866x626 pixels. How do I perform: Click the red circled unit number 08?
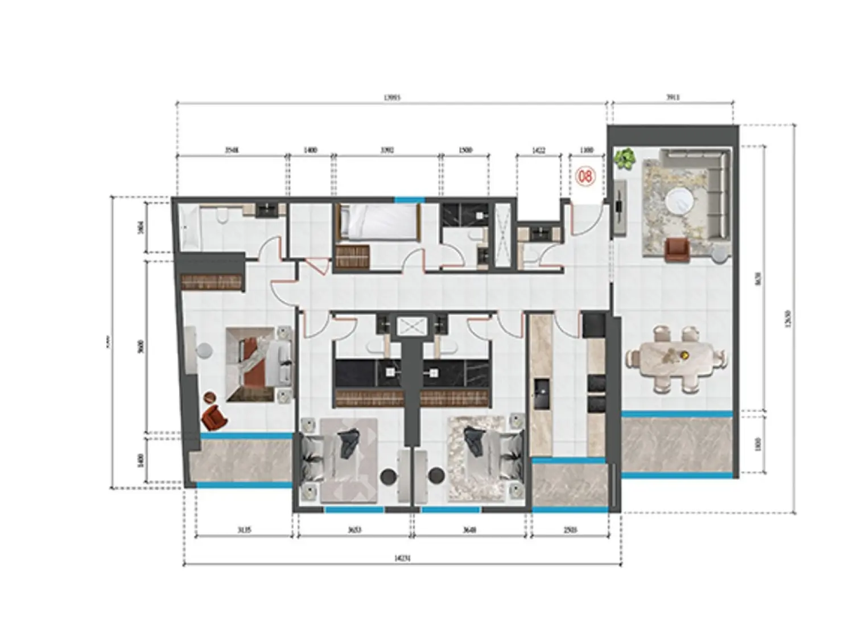click(585, 176)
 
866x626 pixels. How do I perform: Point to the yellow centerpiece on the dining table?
click(685, 355)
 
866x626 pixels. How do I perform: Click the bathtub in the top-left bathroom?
click(188, 228)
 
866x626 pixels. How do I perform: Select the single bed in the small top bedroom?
click(377, 223)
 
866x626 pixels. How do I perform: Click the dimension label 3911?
click(673, 98)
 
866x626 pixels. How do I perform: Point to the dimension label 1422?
click(538, 150)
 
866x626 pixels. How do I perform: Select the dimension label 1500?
click(465, 150)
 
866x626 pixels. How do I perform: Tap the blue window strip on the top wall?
click(410, 200)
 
